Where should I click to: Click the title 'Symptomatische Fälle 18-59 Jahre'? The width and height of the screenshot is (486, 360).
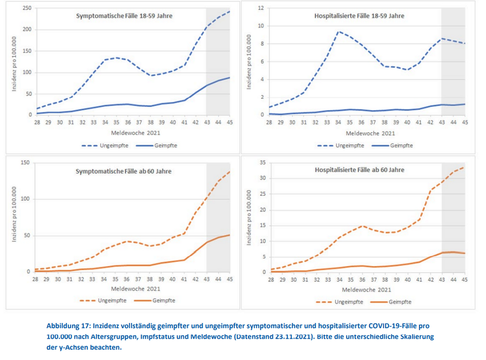pos(124,16)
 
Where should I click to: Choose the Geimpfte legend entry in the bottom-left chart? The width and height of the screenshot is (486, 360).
pos(152,300)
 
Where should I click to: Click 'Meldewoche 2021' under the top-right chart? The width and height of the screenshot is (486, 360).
pos(367,133)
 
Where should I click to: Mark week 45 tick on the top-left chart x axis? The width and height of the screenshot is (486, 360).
pos(230,122)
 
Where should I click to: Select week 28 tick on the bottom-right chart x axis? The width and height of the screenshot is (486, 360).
pos(270,280)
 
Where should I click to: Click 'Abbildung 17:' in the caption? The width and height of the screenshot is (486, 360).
pos(67,326)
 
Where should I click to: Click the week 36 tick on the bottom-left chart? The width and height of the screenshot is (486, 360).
pos(127,279)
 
